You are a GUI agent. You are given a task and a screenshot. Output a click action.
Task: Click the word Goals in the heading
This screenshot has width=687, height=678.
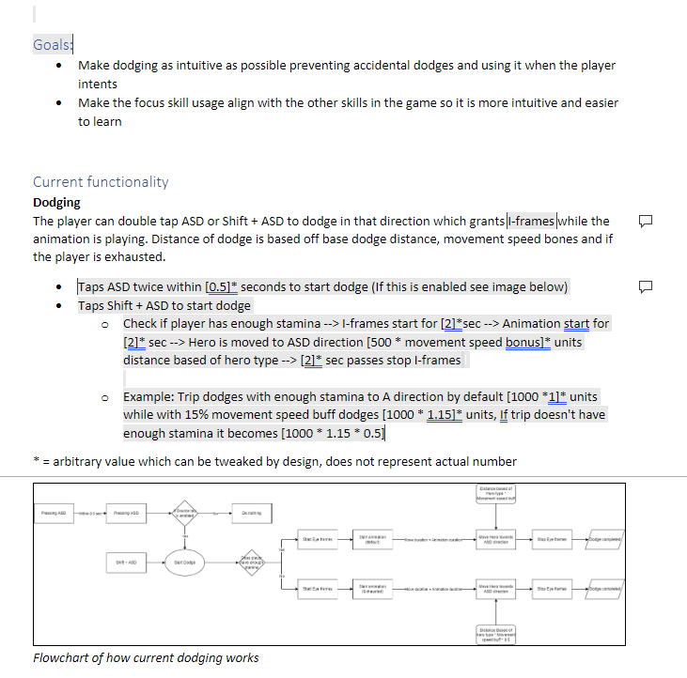(52, 44)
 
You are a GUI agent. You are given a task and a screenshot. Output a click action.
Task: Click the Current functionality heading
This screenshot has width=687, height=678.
(101, 181)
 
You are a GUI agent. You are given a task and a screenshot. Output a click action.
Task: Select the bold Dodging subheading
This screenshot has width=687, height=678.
(56, 202)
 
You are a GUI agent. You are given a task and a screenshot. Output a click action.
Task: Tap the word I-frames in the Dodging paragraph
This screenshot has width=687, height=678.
(531, 221)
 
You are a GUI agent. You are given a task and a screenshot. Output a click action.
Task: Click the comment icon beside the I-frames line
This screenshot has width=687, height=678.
(645, 222)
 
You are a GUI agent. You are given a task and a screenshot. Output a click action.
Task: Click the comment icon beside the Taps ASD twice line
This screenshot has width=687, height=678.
(645, 285)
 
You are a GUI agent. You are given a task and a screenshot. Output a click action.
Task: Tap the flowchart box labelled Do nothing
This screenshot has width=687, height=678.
(251, 514)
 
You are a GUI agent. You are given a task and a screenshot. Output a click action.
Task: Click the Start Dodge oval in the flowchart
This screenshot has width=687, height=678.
(183, 562)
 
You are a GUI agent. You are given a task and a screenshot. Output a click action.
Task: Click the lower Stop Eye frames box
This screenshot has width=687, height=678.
(552, 588)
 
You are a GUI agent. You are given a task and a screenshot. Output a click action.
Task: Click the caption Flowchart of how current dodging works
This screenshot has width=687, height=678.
(146, 657)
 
